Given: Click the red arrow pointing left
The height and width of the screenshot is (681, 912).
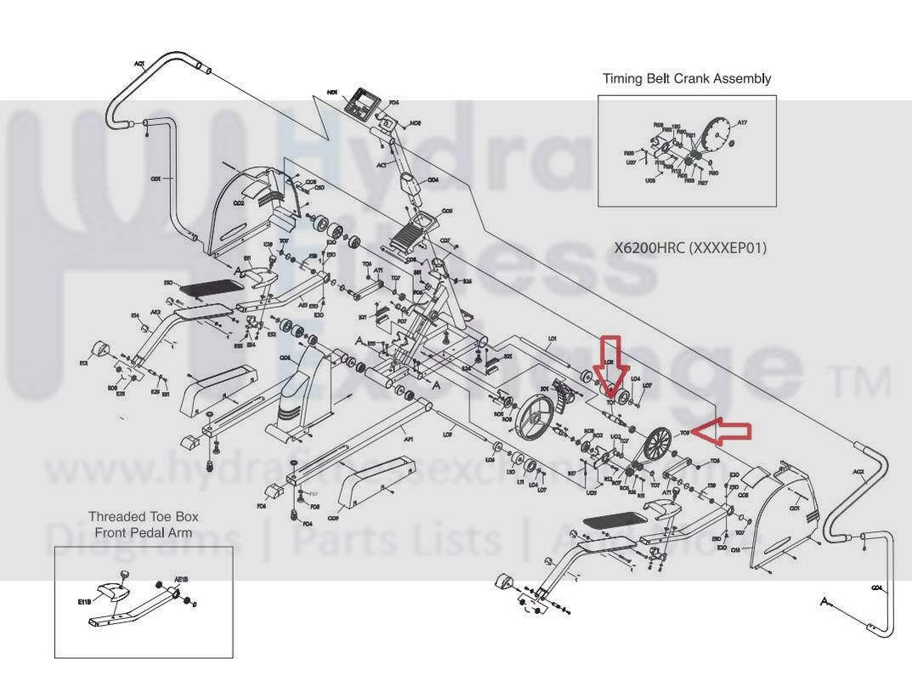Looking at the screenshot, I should click(722, 432).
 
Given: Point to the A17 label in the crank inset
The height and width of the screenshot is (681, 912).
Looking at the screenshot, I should click(741, 122).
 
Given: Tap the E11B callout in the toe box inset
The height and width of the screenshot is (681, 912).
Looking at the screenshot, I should click(84, 602).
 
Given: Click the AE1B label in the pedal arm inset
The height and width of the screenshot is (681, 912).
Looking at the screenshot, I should click(180, 580).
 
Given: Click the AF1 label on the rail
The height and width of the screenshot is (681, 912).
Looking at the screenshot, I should click(408, 440).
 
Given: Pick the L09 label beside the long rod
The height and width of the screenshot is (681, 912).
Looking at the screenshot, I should click(447, 434).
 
